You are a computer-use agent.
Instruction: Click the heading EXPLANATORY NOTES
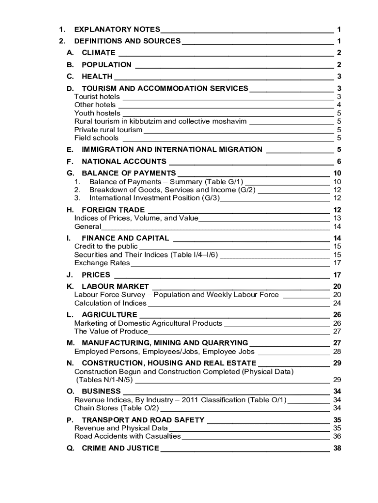[x=117, y=29]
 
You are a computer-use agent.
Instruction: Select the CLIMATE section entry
[x=99, y=53]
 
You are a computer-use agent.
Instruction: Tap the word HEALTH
[x=97, y=77]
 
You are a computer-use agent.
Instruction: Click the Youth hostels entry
[x=97, y=113]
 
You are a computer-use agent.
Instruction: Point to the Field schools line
[x=96, y=138]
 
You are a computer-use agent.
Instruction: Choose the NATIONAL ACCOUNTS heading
[x=124, y=162]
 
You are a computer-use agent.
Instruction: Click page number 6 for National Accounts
[x=339, y=162]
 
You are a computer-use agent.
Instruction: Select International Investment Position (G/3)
[x=154, y=198]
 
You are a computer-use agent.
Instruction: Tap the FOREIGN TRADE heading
[x=113, y=210]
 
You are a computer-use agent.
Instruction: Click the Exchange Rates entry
[x=102, y=263]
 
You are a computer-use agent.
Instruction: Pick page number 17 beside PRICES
[x=337, y=275]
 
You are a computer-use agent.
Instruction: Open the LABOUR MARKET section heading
[x=115, y=287]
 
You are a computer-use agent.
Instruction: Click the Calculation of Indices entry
[x=110, y=303]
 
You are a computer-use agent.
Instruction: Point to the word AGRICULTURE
[x=109, y=315]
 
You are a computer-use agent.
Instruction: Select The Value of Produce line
[x=111, y=331]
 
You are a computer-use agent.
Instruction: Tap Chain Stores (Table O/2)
[x=117, y=408]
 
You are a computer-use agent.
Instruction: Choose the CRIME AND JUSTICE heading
[x=120, y=448]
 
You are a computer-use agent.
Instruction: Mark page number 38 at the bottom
[x=337, y=448]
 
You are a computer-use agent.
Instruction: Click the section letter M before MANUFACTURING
[x=70, y=343]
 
